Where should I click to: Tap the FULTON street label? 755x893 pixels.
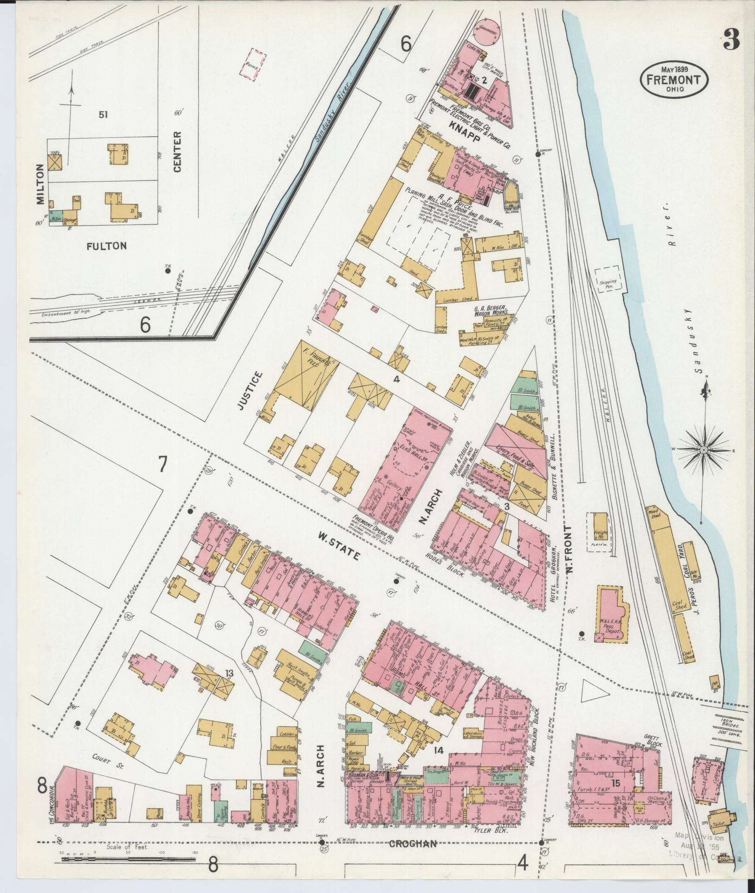[x=106, y=246]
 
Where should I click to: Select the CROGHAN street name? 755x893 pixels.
[x=413, y=843]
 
